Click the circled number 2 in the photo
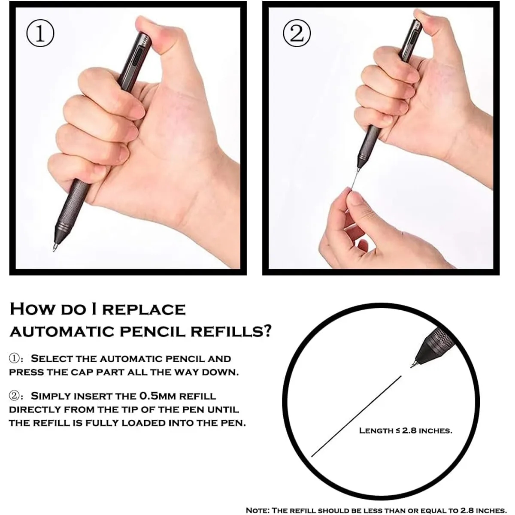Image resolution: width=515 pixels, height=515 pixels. point(297,34)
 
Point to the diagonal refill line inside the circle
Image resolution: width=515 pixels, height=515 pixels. point(356,416)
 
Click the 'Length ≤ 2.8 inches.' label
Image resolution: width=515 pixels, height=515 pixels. point(406,430)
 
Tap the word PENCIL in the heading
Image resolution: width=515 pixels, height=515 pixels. point(158,332)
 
